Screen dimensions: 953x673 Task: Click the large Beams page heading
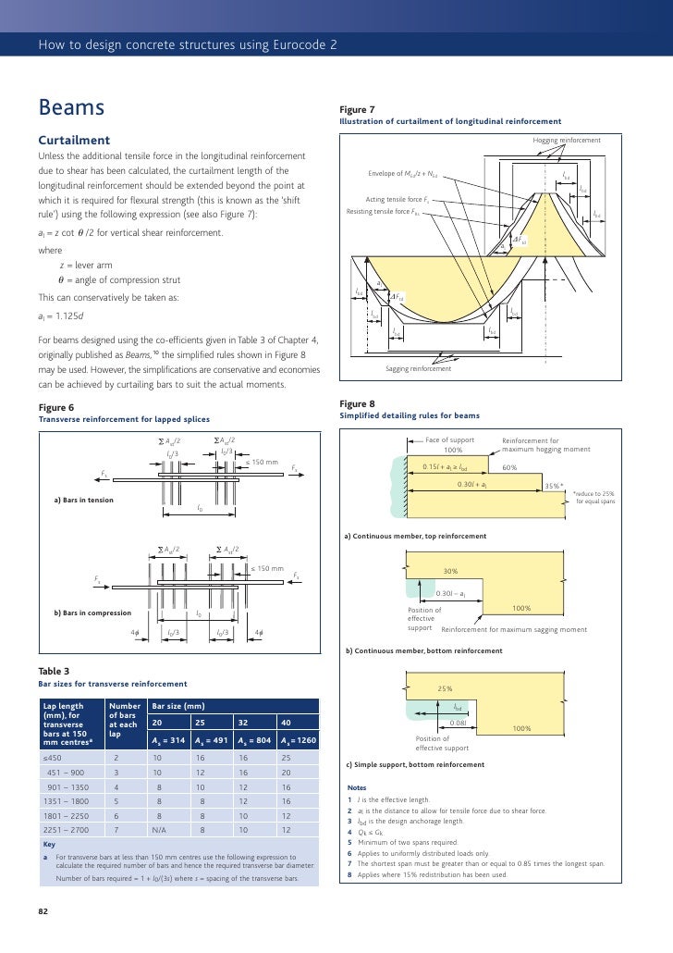70,109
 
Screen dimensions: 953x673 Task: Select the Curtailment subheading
73,140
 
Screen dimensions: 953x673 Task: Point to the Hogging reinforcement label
566,140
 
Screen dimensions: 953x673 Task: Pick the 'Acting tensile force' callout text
397,199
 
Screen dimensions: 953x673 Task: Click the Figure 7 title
357,110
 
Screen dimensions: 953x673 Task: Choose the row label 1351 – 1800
65,800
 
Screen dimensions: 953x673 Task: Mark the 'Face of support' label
450,440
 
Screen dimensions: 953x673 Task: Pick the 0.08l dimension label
458,722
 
